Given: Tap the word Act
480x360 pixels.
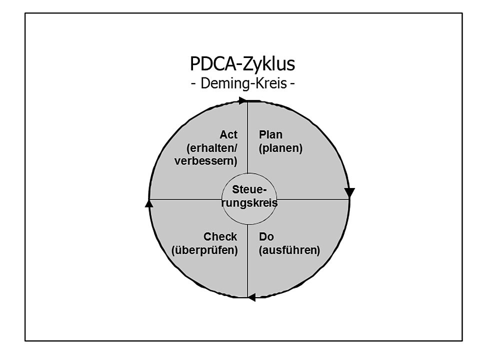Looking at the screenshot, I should [x=228, y=135].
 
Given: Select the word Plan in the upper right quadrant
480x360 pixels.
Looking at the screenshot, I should [x=270, y=135].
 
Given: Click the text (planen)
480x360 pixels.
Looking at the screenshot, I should [x=280, y=148].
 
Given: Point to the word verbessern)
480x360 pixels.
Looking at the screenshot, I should [x=205, y=161].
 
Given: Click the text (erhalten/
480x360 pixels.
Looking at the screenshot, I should [x=211, y=148].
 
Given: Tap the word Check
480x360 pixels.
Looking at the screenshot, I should [x=220, y=236].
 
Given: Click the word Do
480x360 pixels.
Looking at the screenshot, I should [x=266, y=236].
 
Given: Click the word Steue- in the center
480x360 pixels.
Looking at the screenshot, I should [x=249, y=190].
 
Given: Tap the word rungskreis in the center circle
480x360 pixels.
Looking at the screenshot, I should [x=249, y=203].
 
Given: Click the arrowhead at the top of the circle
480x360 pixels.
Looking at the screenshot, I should [x=242, y=100].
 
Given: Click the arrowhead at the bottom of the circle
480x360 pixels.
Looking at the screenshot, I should [x=251, y=297].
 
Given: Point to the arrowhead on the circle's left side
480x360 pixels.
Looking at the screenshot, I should [x=148, y=203].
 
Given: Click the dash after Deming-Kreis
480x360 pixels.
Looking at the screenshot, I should [x=291, y=83].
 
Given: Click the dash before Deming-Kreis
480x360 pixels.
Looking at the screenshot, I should [x=194, y=83].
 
